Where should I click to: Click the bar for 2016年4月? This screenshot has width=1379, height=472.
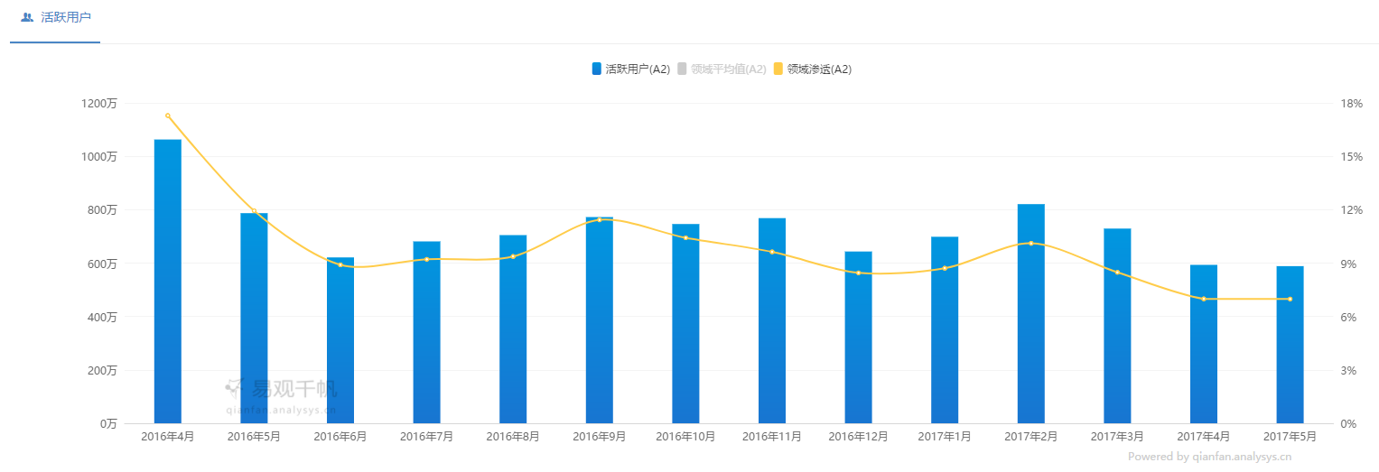(x=168, y=282)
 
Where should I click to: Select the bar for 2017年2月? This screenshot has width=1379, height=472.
(x=1030, y=314)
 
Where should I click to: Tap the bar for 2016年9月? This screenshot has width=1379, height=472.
(x=600, y=320)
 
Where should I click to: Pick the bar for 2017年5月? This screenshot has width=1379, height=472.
(x=1290, y=345)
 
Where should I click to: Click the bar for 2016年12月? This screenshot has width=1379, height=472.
(x=858, y=338)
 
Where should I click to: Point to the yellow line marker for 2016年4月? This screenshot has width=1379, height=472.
(x=168, y=116)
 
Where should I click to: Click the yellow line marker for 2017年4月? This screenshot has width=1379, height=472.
(x=1204, y=299)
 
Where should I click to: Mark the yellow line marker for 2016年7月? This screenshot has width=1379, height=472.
(x=427, y=259)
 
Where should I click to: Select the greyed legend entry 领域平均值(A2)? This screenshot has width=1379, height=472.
(x=722, y=69)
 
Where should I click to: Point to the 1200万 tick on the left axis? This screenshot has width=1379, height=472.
(x=99, y=104)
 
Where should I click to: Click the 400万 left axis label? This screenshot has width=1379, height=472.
(x=101, y=317)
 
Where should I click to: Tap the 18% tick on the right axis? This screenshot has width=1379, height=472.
(x=1352, y=104)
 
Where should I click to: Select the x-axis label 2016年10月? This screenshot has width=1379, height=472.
(x=685, y=437)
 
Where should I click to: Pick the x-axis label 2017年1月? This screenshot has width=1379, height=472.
(x=944, y=437)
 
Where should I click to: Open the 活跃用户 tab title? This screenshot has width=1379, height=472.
(x=65, y=17)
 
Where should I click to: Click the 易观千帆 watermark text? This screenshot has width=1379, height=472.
(x=294, y=389)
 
